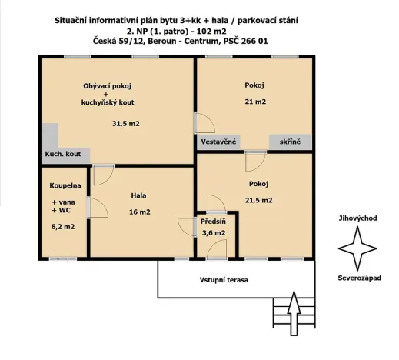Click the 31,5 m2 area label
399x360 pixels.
click(125, 123)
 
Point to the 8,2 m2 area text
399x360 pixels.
click(62, 227)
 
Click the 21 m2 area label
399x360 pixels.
click(255, 102)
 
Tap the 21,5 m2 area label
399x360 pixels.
click(258, 201)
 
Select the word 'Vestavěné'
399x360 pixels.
click(218, 143)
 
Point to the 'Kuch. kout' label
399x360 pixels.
click(63, 155)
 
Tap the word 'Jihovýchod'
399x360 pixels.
click(357, 218)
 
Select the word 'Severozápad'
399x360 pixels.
click(358, 278)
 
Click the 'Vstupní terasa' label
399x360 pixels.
click(225, 280)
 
